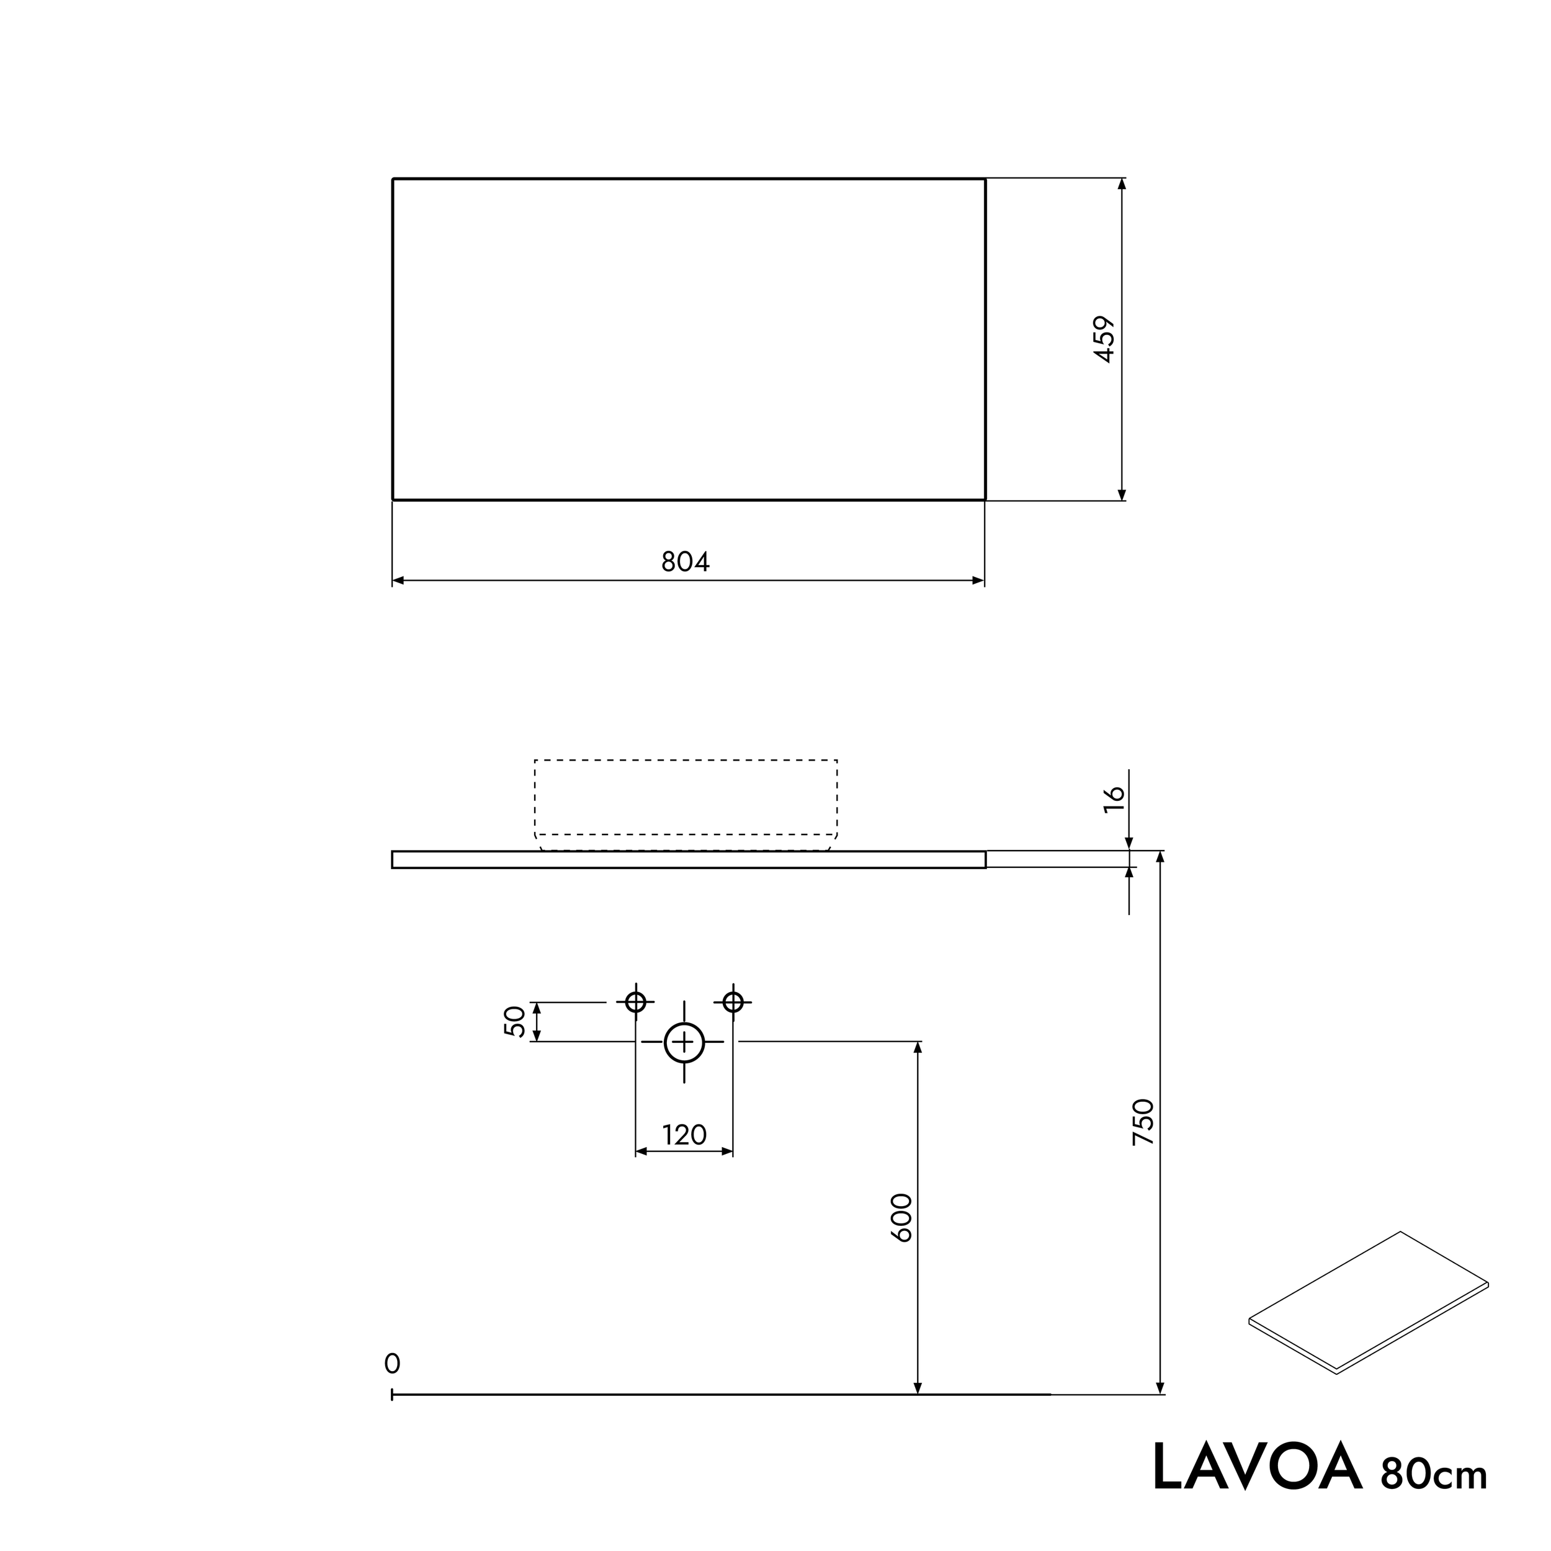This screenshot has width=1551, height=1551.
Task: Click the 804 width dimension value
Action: pos(685,562)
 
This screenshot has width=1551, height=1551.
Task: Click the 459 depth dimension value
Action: pos(1106,339)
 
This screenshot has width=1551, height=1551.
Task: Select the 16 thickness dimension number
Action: pos(1114,799)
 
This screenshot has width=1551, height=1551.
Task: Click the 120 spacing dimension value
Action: pos(684,1135)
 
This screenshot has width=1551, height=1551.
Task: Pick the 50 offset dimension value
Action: pos(514,1021)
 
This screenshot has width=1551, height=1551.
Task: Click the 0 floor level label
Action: pos(391,1363)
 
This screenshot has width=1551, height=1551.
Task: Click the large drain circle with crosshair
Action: pos(684,1043)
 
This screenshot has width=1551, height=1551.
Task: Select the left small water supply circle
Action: pos(635,1002)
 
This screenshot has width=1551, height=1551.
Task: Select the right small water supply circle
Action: pos(733,1002)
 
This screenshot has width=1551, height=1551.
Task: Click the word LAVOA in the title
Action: pos(1257,1467)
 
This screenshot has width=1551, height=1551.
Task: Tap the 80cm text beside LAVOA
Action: pos(1434,1474)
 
